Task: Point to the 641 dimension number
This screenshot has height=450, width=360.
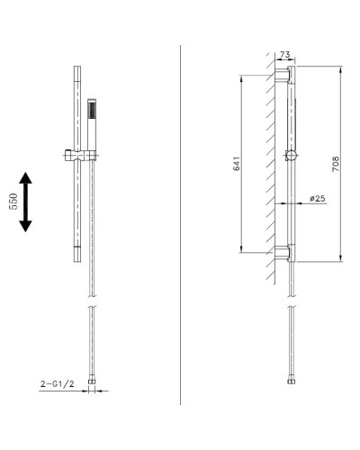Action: [x=236, y=165]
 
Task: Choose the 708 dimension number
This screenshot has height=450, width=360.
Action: [x=336, y=165]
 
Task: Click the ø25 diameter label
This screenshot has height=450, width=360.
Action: [x=317, y=198]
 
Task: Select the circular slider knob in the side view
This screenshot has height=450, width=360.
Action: [x=290, y=155]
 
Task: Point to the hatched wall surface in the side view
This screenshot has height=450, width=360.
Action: [x=271, y=162]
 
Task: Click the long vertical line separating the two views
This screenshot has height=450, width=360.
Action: [x=180, y=225]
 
